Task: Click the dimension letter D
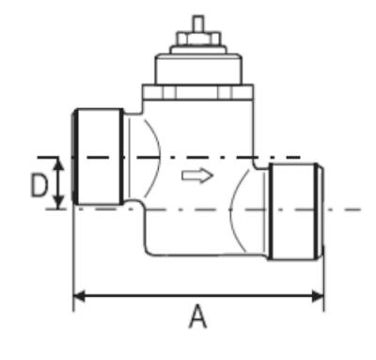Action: (39, 186)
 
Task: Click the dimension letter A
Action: (197, 317)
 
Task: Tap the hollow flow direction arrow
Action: (197, 176)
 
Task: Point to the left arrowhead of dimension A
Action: (79, 296)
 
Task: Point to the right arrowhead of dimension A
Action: (318, 296)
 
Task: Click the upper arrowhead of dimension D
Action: (58, 164)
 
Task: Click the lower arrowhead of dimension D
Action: (58, 202)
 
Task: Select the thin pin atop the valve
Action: (198, 23)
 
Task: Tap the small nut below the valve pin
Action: (198, 38)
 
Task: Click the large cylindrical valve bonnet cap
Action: (199, 70)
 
